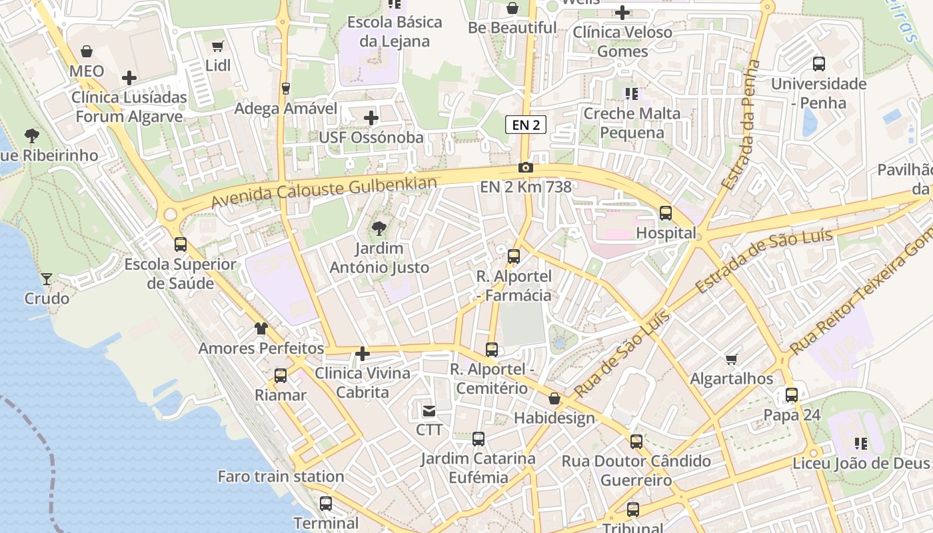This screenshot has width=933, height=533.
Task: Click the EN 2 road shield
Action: click(526, 125)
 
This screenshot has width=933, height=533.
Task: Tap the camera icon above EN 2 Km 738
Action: click(526, 167)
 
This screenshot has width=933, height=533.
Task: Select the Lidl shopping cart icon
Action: click(217, 46)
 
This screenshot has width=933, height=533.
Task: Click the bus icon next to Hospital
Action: click(665, 213)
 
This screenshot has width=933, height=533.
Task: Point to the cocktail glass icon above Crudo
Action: click(47, 278)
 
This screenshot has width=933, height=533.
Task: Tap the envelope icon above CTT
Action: click(429, 410)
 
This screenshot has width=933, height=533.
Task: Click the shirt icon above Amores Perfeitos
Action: click(261, 328)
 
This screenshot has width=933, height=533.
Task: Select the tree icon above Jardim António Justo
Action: click(379, 229)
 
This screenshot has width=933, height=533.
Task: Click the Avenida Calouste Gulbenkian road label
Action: click(324, 193)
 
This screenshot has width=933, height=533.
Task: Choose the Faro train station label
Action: click(281, 476)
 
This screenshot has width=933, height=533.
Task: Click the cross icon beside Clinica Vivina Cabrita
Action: click(363, 354)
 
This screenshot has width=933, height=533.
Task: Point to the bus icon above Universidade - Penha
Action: click(818, 64)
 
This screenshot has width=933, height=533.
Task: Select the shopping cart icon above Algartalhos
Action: click(731, 360)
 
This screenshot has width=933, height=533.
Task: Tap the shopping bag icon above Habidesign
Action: click(554, 398)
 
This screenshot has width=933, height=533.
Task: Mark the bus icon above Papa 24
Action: click(791, 395)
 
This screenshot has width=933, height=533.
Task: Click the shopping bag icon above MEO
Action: click(87, 51)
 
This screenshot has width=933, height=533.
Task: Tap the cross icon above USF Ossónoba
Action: click(371, 118)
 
